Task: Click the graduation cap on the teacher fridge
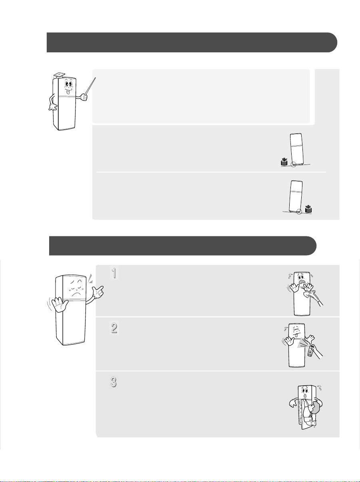tap(60, 75)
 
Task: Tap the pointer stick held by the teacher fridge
tap(90, 86)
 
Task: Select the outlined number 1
tap(114, 273)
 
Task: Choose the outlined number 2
tap(114, 328)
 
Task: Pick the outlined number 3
tap(113, 382)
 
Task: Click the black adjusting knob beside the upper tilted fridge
tap(284, 161)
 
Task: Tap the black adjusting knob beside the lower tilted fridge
tap(308, 209)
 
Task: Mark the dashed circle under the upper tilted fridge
tap(293, 165)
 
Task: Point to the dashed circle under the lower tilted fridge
tap(299, 212)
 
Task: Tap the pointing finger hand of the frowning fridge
tap(98, 292)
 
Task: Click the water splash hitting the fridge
tap(308, 293)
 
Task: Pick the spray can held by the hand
tap(310, 351)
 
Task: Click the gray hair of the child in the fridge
tap(317, 408)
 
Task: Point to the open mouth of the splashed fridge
tap(301, 282)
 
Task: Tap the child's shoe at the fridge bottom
tap(312, 423)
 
